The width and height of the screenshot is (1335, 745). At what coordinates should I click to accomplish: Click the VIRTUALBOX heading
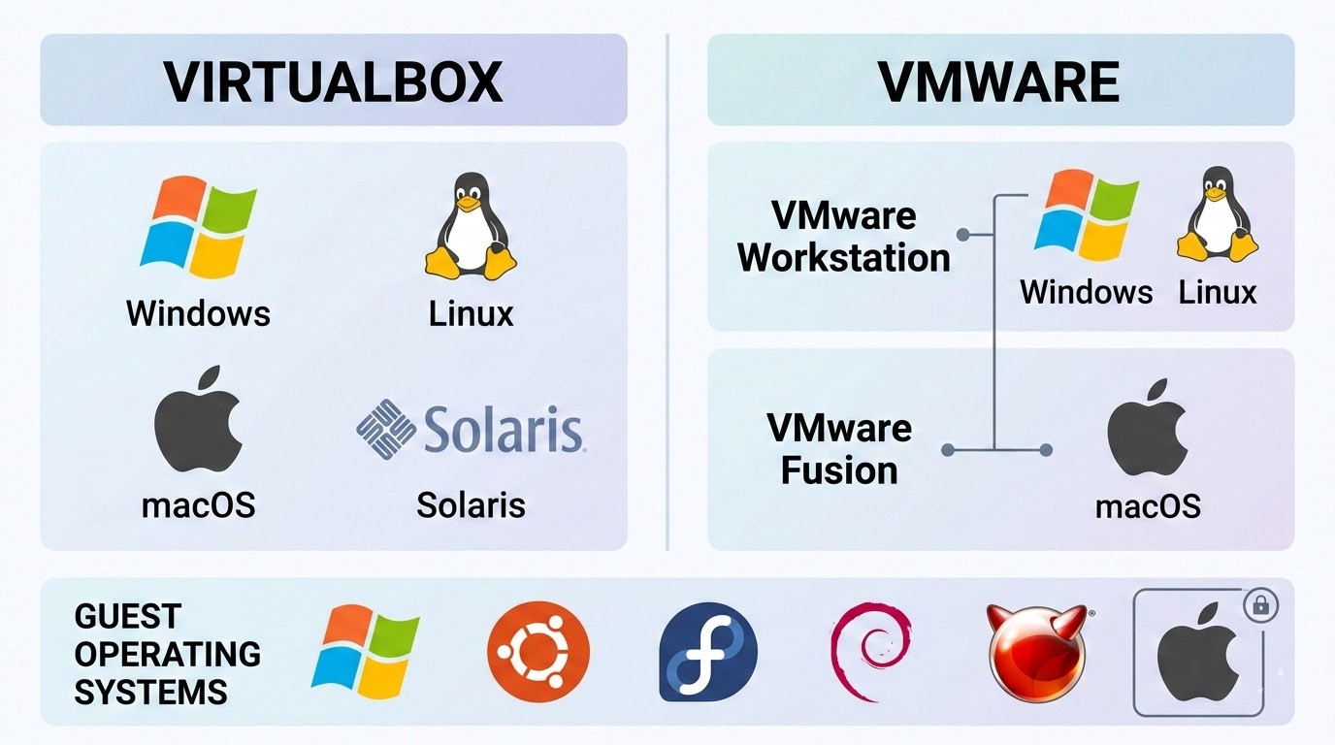point(333,81)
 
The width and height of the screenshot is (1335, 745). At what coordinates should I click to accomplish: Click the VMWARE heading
point(999,81)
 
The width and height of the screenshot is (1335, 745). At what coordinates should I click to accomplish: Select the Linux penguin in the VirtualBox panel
point(471,227)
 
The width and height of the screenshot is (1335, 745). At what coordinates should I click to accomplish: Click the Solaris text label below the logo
point(471,504)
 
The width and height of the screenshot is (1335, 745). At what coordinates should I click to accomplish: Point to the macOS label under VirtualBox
point(198,504)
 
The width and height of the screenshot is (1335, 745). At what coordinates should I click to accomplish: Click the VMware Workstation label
point(843,237)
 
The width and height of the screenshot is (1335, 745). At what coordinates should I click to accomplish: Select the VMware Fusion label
point(839,448)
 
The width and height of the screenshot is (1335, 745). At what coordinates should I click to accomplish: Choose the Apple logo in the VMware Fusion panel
point(1148,429)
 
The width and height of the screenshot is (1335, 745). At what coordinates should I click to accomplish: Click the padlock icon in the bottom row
point(1260,607)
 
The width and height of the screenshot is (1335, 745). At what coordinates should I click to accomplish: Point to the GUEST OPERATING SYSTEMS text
point(167,654)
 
